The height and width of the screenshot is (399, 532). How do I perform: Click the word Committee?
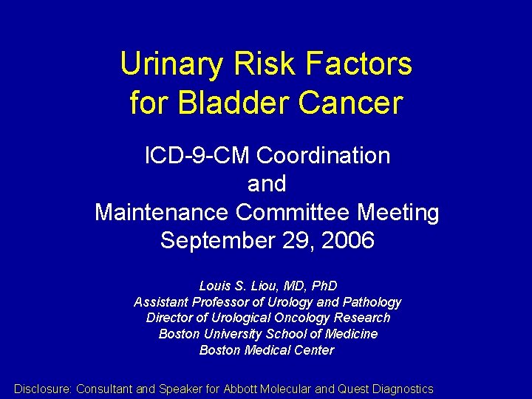295,213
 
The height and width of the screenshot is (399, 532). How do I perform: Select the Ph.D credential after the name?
322,286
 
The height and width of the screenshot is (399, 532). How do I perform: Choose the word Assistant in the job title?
161,302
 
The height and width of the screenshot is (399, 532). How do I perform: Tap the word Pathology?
373,302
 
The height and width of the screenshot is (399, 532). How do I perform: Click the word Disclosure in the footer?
43,389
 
